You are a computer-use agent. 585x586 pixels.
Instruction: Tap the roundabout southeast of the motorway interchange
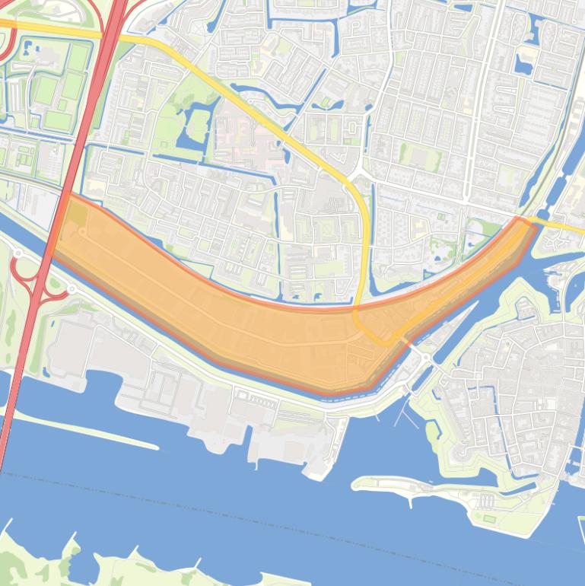coord(71,289)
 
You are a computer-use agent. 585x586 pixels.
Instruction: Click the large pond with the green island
coord(195,126)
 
